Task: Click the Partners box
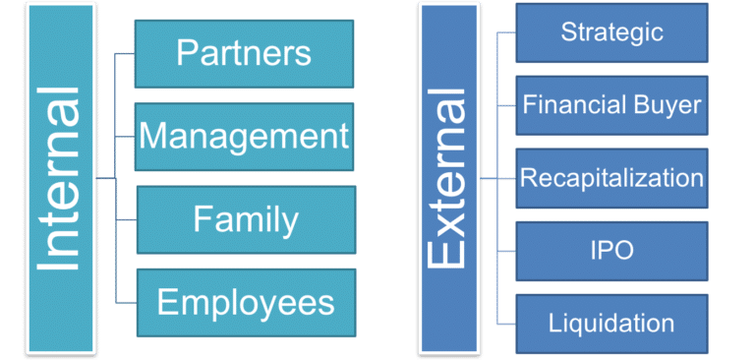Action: click(244, 54)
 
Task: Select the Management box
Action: click(244, 136)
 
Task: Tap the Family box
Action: click(245, 218)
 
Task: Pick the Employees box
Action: click(245, 302)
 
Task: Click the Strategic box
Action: click(611, 32)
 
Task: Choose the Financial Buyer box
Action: click(611, 104)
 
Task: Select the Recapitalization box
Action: click(611, 178)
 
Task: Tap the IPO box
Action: click(611, 251)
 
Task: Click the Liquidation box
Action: click(611, 324)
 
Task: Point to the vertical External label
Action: click(447, 179)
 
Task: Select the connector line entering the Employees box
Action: click(126, 301)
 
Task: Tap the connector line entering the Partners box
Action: click(126, 54)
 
